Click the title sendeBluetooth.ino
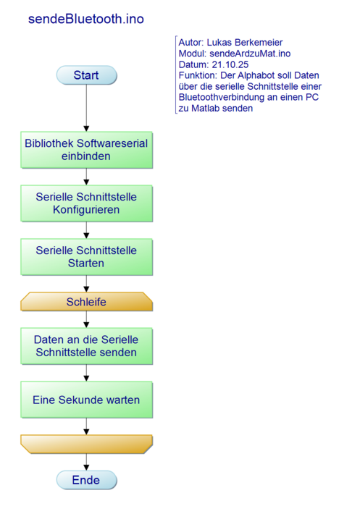(x=85, y=20)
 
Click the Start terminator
(x=86, y=75)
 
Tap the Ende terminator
(x=86, y=480)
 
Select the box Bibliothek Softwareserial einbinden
(x=86, y=150)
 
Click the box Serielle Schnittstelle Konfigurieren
(x=86, y=203)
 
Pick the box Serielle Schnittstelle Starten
(x=86, y=256)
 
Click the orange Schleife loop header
(x=86, y=302)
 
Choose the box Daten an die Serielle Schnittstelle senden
(x=86, y=346)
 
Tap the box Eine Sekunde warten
(x=86, y=400)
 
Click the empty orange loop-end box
(x=86, y=444)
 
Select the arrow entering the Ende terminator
(x=86, y=461)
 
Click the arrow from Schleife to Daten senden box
(x=86, y=319)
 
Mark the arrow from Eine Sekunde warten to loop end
(x=86, y=426)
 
